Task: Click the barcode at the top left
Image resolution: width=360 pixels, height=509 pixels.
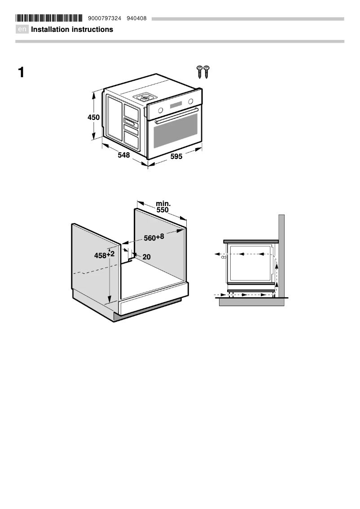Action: coord(49,18)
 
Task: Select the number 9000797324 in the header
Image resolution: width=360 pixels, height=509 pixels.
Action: coord(105,18)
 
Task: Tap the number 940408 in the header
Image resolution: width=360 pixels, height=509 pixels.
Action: coord(136,18)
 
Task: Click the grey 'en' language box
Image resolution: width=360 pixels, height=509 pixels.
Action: coord(22,30)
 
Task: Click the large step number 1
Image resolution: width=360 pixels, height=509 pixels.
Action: coord(21,72)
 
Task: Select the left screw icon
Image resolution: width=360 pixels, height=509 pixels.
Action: coord(199,71)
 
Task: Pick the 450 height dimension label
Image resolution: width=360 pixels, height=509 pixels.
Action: coord(93,117)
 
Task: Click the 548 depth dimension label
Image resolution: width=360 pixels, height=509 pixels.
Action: coord(123,155)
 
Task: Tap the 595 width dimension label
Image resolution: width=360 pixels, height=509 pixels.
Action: coord(176,157)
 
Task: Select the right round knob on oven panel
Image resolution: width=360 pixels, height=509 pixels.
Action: coord(191,101)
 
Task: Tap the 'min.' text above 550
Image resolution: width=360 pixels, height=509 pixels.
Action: coord(163,204)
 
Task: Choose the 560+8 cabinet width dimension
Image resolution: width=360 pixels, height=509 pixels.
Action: coord(154,237)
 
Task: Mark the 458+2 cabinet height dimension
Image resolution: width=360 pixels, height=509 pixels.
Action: coord(104,255)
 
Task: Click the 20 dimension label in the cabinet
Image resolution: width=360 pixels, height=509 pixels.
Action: coord(146,257)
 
